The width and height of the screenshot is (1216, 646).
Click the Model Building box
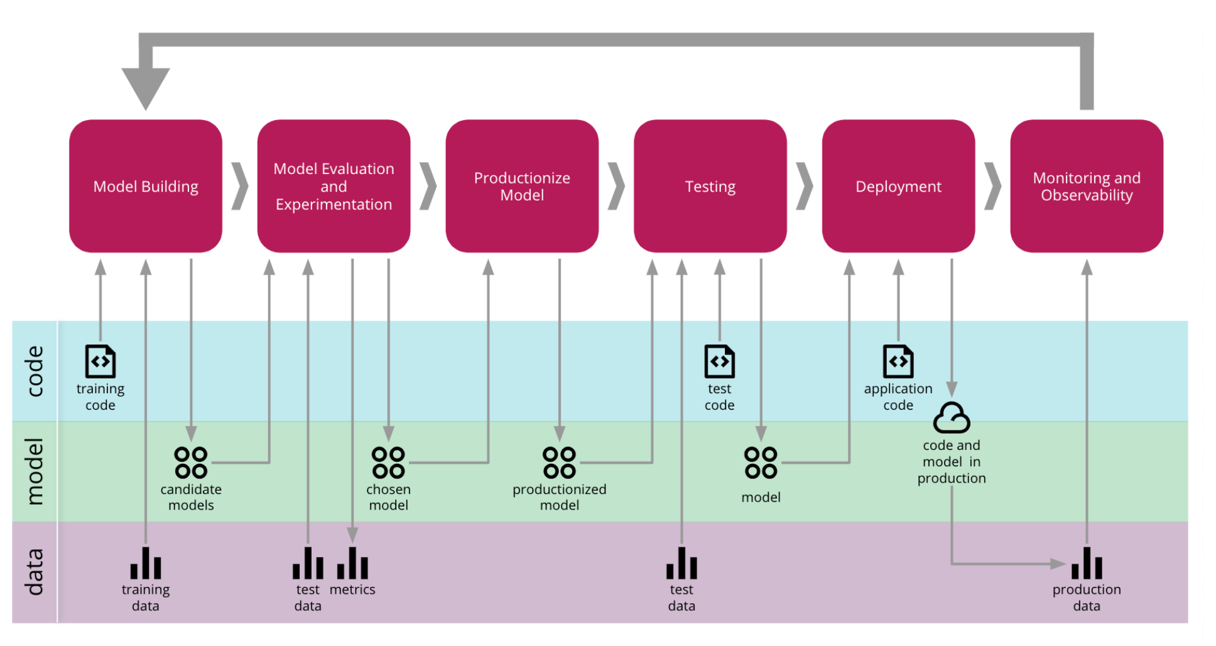click(146, 186)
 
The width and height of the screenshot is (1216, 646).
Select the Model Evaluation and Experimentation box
click(334, 186)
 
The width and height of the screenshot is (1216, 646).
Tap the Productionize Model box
click(522, 186)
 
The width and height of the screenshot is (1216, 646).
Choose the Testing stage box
click(710, 186)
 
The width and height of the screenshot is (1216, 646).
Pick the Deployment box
click(898, 186)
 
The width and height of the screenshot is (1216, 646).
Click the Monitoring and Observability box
click(1087, 186)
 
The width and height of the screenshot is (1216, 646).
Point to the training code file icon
click(100, 361)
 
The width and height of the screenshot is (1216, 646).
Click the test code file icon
click(720, 361)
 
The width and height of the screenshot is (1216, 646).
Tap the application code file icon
click(898, 361)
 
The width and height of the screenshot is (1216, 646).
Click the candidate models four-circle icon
click(191, 463)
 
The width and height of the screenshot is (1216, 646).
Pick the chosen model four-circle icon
click(388, 463)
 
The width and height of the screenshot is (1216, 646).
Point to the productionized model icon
click(560, 463)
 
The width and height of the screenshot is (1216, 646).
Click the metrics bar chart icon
click(352, 563)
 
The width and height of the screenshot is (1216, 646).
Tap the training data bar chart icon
click(146, 563)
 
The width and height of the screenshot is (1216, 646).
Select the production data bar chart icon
click(1087, 563)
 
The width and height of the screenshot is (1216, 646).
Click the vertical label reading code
click(35, 371)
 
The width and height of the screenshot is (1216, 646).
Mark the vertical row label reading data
click(35, 571)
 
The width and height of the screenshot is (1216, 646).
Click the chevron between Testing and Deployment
click(805, 186)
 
